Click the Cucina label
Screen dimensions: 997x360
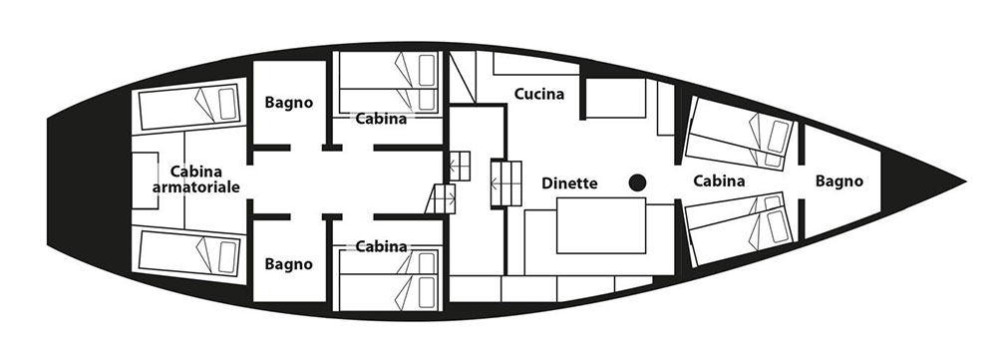[538, 94]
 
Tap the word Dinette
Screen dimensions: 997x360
[569, 183]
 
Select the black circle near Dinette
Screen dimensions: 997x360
[637, 183]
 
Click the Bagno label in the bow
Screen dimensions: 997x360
[839, 181]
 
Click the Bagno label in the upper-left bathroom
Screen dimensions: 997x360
[289, 102]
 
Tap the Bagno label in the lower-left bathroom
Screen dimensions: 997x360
[289, 264]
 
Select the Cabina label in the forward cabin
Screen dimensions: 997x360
[719, 181]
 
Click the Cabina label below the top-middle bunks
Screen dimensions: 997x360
[381, 119]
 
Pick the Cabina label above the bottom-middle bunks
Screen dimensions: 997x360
[381, 246]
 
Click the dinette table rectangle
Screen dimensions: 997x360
[601, 225]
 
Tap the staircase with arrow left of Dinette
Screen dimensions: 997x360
[506, 183]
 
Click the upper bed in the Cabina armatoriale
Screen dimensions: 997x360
[188, 106]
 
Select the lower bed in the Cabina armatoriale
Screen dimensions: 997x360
[188, 253]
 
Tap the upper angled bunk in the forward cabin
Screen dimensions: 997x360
[741, 133]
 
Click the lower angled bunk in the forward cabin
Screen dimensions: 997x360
[741, 229]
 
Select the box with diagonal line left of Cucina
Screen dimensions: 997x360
[463, 77]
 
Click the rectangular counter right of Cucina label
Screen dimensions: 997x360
[615, 98]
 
